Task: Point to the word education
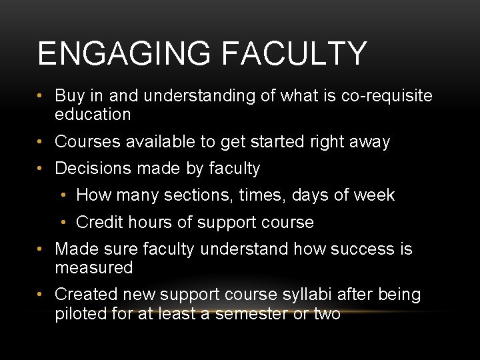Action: coord(93,115)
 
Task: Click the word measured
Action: coord(94,268)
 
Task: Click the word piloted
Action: coord(79,313)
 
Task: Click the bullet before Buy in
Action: coord(41,97)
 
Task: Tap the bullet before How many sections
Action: coord(63,196)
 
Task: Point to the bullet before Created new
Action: coord(41,295)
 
